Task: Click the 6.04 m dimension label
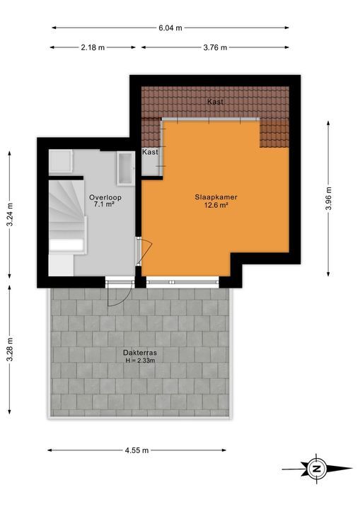click(x=170, y=28)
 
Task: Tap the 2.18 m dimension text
click(x=92, y=47)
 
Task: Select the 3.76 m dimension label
click(x=214, y=47)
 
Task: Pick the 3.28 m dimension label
click(x=10, y=349)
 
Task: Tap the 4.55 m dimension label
click(x=136, y=450)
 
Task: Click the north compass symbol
click(x=316, y=468)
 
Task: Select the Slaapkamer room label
click(x=215, y=197)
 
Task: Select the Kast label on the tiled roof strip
click(x=216, y=103)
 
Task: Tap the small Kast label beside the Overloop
click(x=150, y=152)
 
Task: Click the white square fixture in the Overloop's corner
click(x=59, y=161)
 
